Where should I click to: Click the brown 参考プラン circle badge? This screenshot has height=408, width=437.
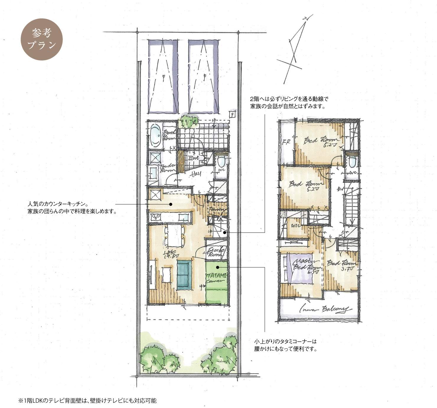42,39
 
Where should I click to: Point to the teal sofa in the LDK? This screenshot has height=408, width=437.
184,275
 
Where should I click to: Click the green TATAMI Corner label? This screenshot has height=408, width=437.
216,278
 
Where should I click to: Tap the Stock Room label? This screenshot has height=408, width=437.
216,252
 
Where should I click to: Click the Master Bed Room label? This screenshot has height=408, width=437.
306,265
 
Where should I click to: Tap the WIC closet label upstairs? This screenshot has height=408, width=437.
295,226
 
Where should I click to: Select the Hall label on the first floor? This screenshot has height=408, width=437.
196,174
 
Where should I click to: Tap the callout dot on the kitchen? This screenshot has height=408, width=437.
171,204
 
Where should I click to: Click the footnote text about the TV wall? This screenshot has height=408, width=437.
87,401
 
